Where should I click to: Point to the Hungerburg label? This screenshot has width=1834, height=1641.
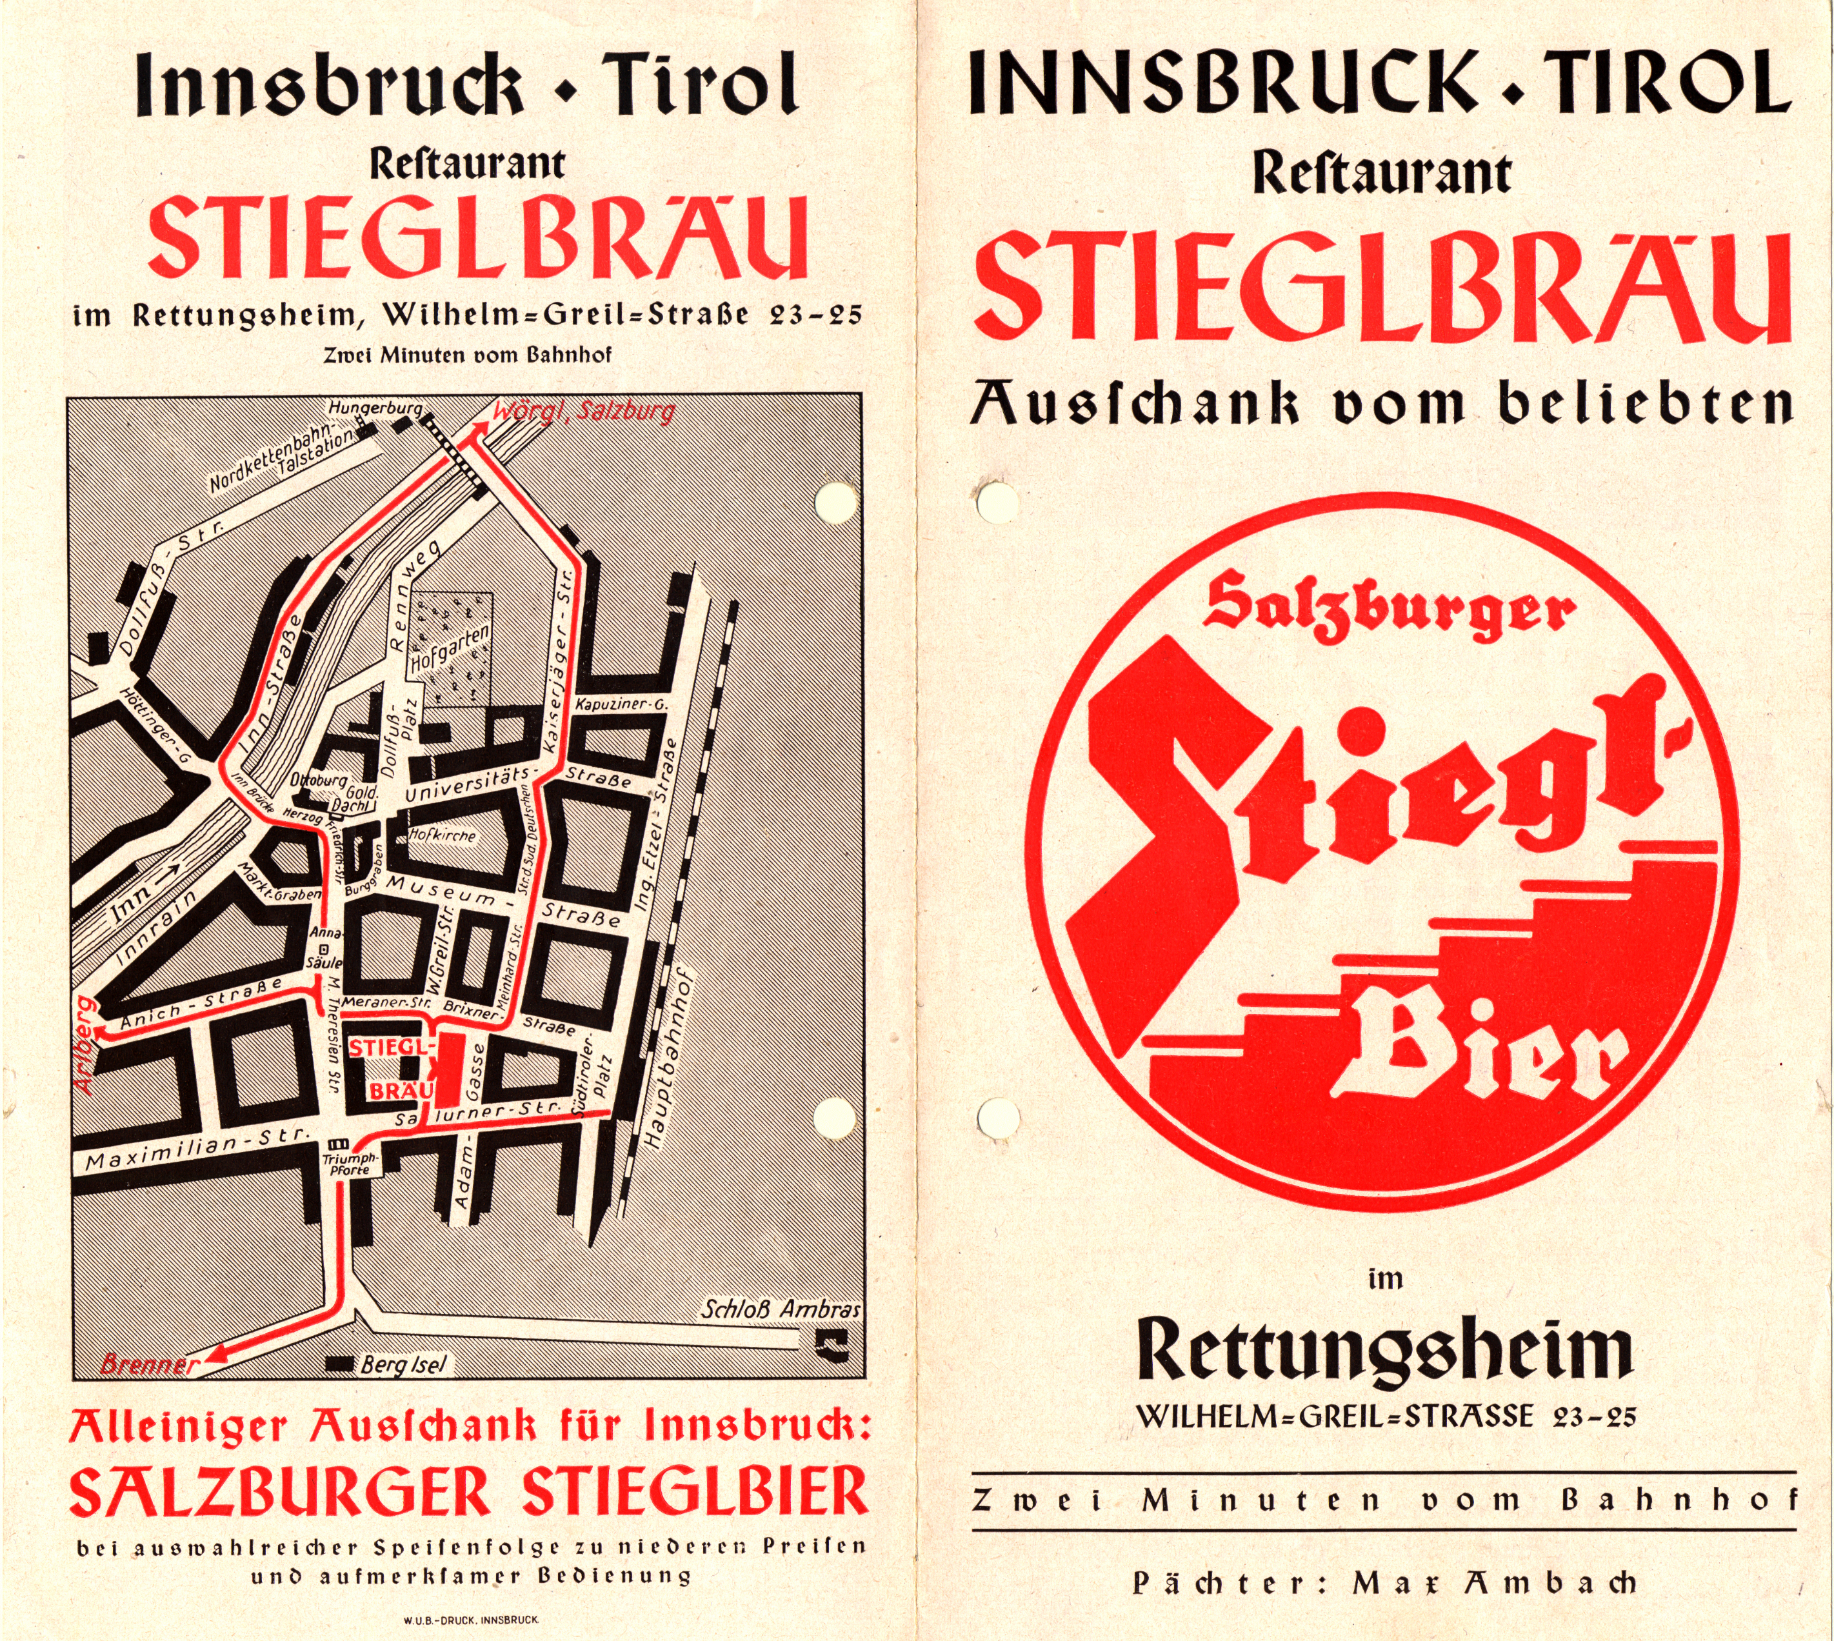pyautogui.click(x=374, y=408)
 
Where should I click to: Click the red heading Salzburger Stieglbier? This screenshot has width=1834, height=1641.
pyautogui.click(x=469, y=1492)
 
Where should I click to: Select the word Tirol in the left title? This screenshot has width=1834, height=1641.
pyautogui.click(x=700, y=83)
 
